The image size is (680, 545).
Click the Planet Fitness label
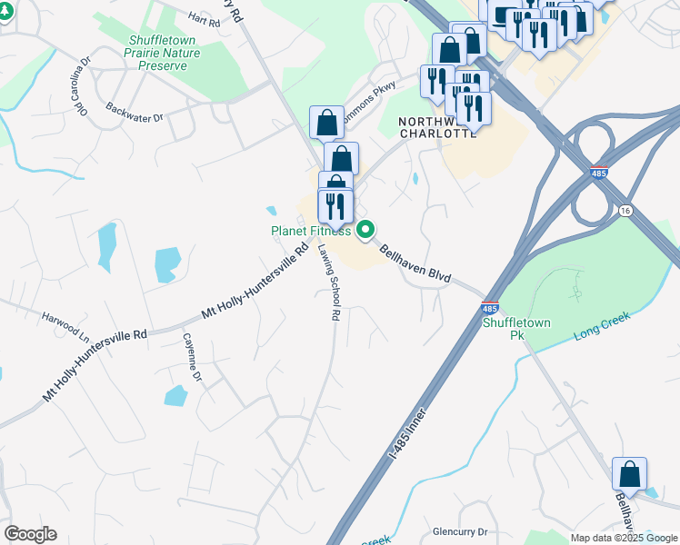click(x=311, y=231)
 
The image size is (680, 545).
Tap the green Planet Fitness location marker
click(x=365, y=231)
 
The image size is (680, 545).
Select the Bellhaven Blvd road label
click(x=415, y=263)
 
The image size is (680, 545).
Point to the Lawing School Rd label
click(x=328, y=282)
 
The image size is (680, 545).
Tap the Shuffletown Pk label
click(x=505, y=329)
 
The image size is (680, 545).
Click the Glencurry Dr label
click(x=461, y=531)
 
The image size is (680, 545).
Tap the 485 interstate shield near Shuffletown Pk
click(x=490, y=310)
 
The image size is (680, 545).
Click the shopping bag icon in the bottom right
click(x=629, y=474)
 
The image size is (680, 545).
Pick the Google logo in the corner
click(x=30, y=534)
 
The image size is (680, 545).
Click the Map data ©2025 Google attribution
click(x=624, y=538)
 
